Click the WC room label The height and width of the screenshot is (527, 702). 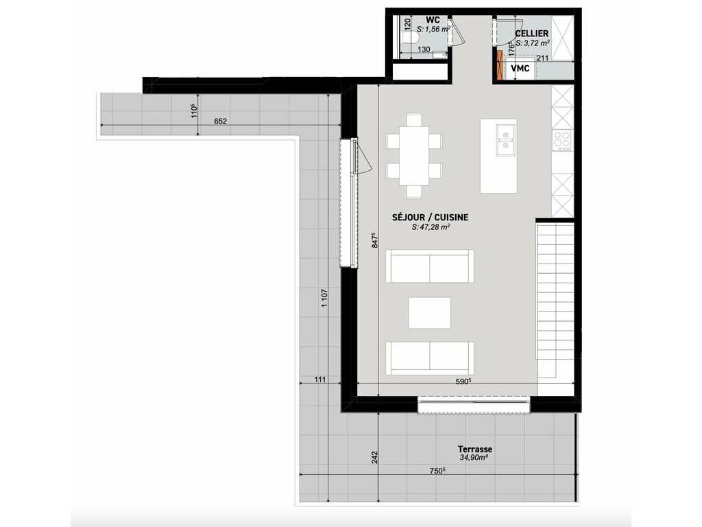433,20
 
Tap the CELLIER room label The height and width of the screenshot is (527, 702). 531,34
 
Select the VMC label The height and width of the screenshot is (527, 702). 520,69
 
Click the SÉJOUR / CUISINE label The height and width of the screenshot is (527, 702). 431,218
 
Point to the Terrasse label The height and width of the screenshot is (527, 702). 474,449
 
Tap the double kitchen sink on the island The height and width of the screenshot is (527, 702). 505,140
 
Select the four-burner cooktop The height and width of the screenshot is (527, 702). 562,140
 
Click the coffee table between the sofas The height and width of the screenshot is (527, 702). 429,313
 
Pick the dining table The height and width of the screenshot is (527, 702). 414,156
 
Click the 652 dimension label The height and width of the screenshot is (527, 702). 220,121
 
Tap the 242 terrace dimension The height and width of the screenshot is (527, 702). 375,457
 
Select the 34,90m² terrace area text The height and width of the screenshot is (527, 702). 474,458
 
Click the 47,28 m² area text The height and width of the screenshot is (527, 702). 431,227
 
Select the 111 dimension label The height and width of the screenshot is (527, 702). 320,379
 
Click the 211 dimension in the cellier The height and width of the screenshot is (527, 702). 543,58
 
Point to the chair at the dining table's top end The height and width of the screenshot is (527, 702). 414,120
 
